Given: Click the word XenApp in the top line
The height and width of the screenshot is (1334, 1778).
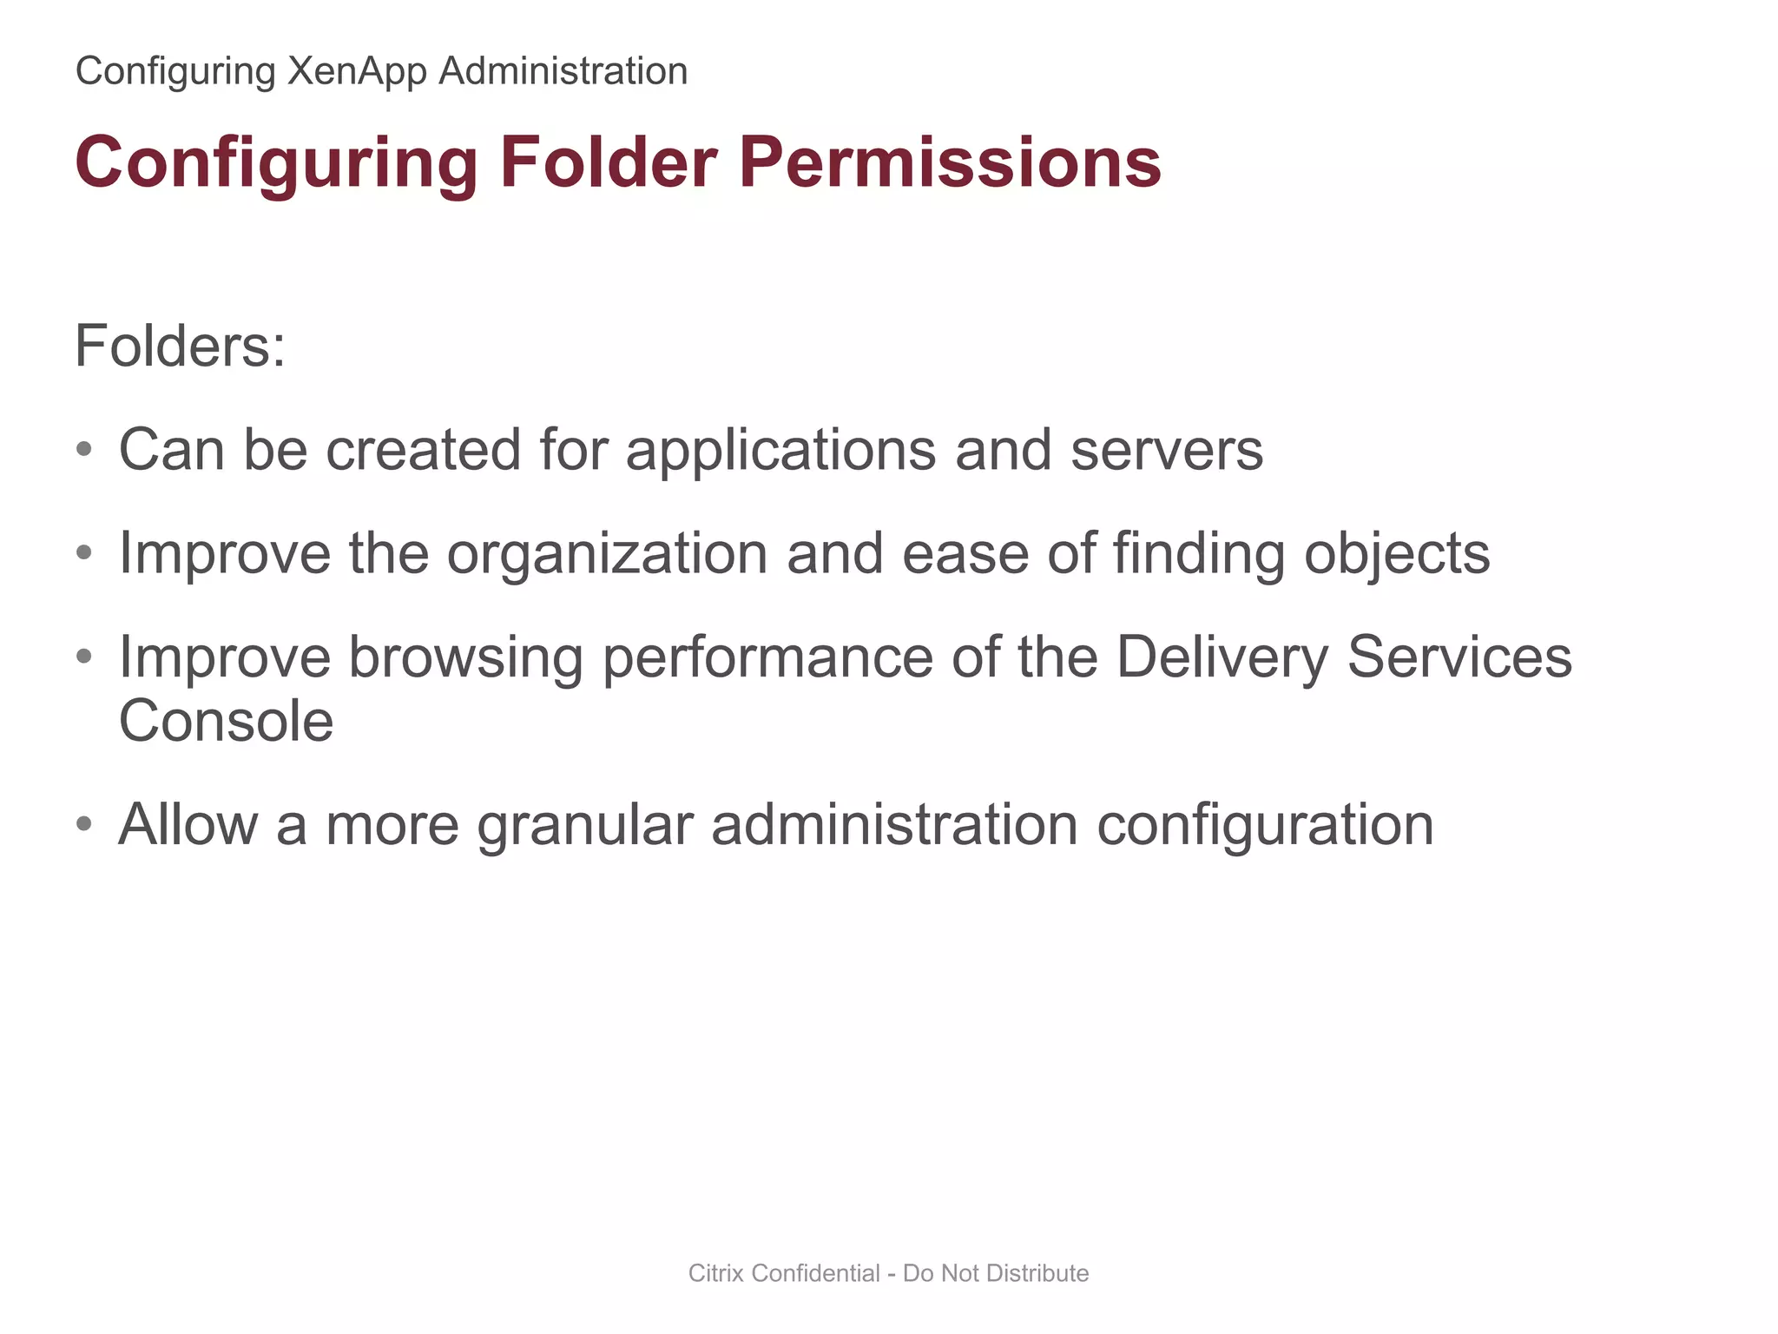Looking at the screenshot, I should [x=357, y=71].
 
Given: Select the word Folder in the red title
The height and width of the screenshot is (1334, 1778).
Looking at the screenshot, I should [x=608, y=162].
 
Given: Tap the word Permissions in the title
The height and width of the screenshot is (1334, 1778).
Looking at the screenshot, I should [x=950, y=162].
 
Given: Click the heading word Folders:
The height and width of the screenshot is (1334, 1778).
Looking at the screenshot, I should [x=180, y=347].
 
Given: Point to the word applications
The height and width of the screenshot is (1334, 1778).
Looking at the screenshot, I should [x=780, y=451].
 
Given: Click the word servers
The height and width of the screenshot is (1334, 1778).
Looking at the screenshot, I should [x=1166, y=451].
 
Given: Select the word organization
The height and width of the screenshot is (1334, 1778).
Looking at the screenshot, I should [x=607, y=554].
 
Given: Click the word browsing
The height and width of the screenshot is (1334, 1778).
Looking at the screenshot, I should [x=465, y=657].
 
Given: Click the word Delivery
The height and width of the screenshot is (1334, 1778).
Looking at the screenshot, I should [x=1222, y=657].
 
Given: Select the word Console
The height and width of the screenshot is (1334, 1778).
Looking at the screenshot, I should [x=226, y=722].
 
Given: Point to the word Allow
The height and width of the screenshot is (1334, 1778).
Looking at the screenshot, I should [x=188, y=825].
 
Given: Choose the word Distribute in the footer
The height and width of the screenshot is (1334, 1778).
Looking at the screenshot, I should [x=1037, y=1273].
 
